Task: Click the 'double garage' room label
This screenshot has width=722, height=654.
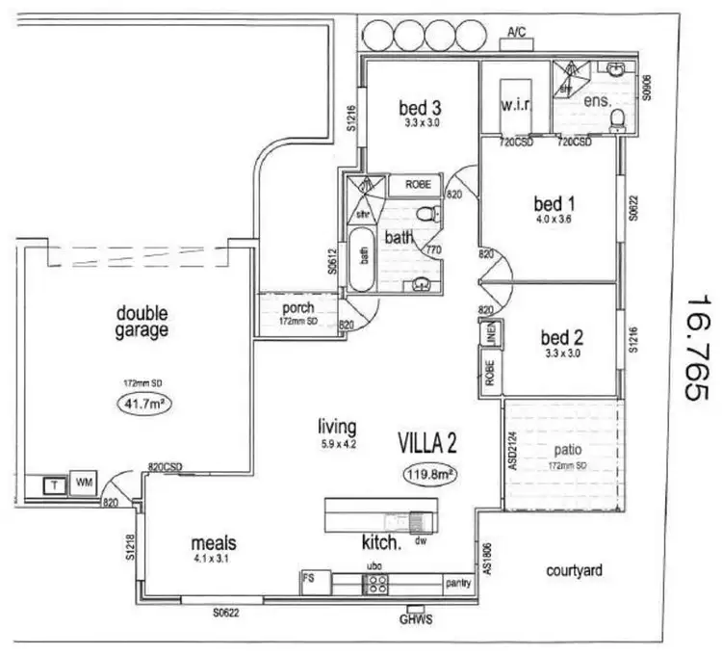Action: pos(142,322)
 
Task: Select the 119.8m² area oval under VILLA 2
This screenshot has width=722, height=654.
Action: pos(428,473)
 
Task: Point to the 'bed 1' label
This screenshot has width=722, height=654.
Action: pos(554,204)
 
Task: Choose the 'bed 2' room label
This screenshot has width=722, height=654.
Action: pos(560,338)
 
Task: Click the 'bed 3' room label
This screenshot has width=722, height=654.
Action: pos(420,108)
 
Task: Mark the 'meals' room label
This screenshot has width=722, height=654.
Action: pos(214,543)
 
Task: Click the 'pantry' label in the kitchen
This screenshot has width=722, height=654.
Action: pos(456,584)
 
